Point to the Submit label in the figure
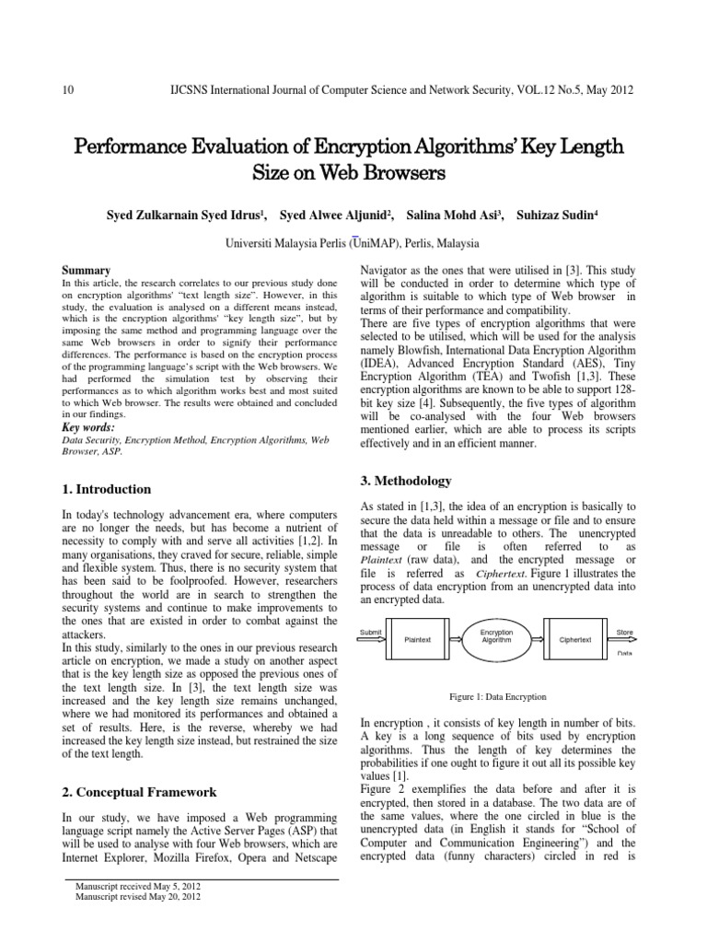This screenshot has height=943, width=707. pyautogui.click(x=370, y=631)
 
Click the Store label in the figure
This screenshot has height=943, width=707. pyautogui.click(x=624, y=632)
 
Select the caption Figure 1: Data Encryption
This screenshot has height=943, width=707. pyautogui.click(x=496, y=697)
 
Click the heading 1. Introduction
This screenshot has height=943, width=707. pyautogui.click(x=106, y=489)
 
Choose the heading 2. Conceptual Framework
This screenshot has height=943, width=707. pyautogui.click(x=139, y=791)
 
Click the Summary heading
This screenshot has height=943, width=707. pyautogui.click(x=86, y=270)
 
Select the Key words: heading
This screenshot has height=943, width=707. pyautogui.click(x=88, y=427)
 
